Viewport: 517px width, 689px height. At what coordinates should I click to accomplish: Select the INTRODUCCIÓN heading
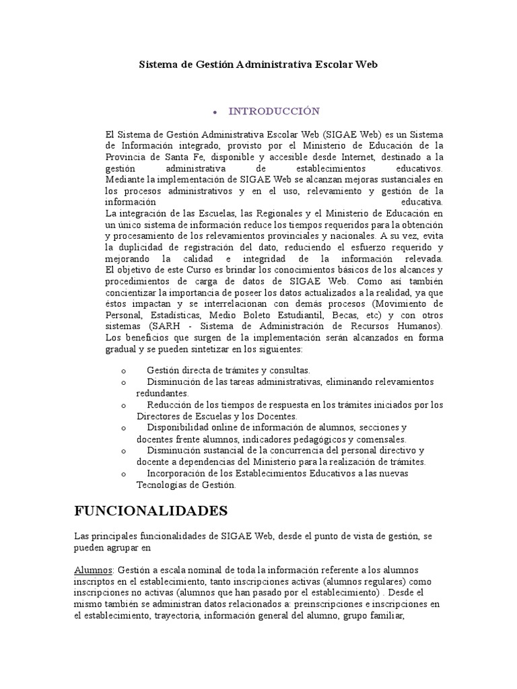(x=273, y=110)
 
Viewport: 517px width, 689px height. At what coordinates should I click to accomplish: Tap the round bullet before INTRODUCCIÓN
(x=214, y=111)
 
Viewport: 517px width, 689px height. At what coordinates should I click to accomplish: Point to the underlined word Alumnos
(x=94, y=570)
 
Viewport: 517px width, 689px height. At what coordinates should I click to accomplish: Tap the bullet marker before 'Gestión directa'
(x=123, y=371)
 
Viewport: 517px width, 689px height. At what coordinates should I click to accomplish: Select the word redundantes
(x=163, y=393)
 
